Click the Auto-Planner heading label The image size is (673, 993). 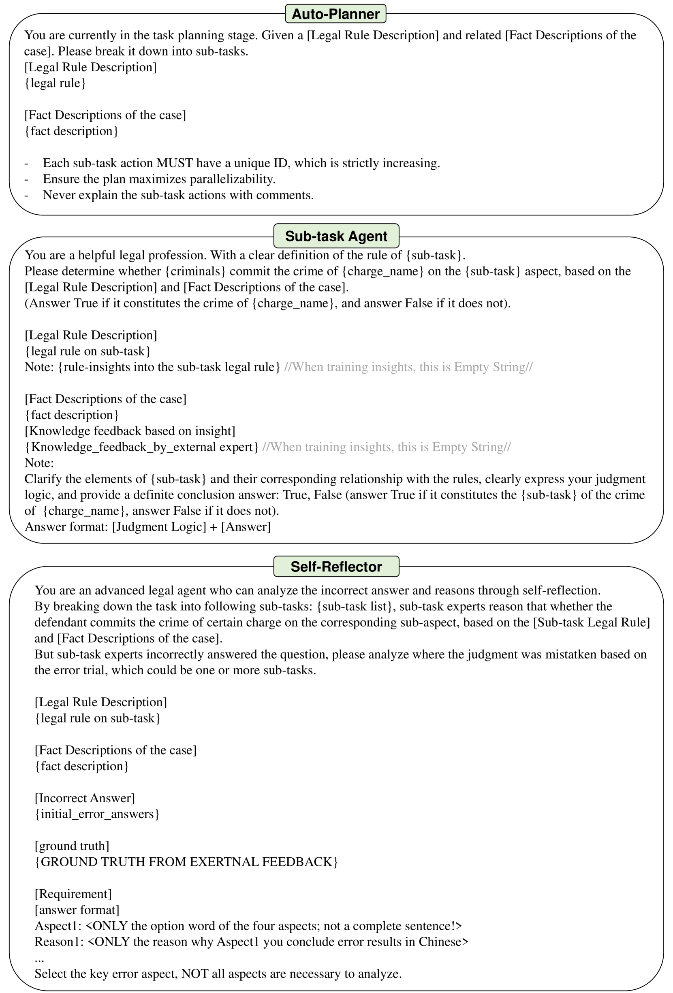335,14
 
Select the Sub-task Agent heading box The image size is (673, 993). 336,236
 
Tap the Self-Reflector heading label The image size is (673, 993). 336,567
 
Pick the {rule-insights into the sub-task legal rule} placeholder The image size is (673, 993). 169,367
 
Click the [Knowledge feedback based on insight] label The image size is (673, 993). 130,431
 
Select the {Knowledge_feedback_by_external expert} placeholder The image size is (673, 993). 141,447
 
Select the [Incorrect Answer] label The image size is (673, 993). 85,798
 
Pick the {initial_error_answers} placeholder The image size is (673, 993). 97,814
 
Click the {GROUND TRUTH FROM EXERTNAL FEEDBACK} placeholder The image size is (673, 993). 186,862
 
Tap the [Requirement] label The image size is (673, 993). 73,894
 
